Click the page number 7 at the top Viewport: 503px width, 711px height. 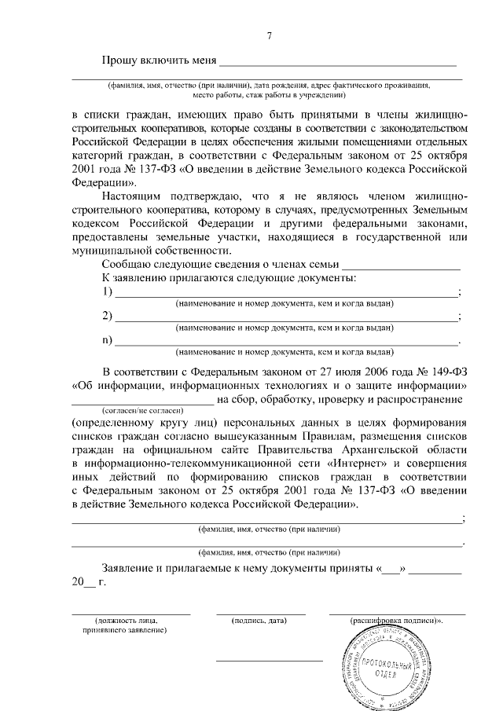(269, 36)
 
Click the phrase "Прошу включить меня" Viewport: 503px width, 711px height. (158, 62)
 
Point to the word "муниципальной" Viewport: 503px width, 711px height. (112, 251)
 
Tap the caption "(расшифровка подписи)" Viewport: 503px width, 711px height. (397, 621)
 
